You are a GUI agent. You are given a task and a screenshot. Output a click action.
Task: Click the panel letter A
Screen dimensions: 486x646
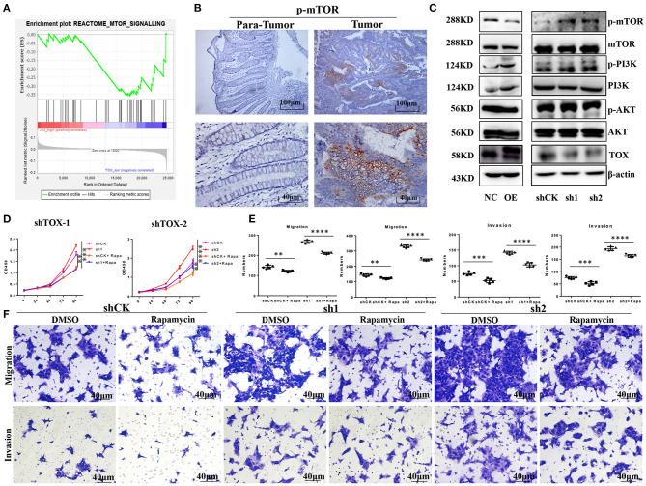pos(7,8)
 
